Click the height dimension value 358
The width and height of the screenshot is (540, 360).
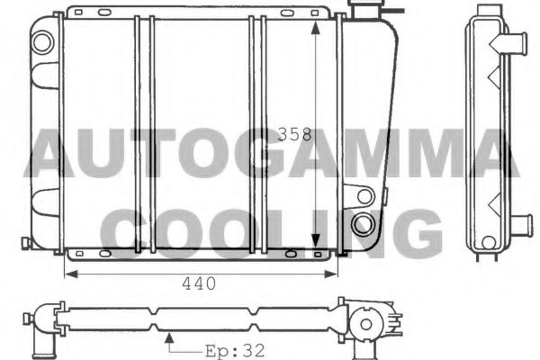pyautogui.click(x=294, y=135)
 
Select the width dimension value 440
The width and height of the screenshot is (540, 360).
pyautogui.click(x=199, y=283)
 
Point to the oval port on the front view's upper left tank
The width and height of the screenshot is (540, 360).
pyautogui.click(x=41, y=40)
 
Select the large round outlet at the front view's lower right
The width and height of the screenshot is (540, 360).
pyautogui.click(x=364, y=224)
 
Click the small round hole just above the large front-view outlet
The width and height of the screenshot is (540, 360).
pyautogui.click(x=364, y=194)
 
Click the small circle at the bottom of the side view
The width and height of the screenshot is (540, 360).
pyautogui.click(x=488, y=242)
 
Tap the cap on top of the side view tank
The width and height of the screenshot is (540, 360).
pyautogui.click(x=486, y=8)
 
